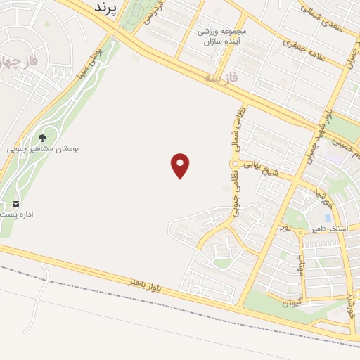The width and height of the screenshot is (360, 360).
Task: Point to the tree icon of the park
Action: [44, 139]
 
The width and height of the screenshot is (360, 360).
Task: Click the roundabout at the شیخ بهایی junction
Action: [234, 165]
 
